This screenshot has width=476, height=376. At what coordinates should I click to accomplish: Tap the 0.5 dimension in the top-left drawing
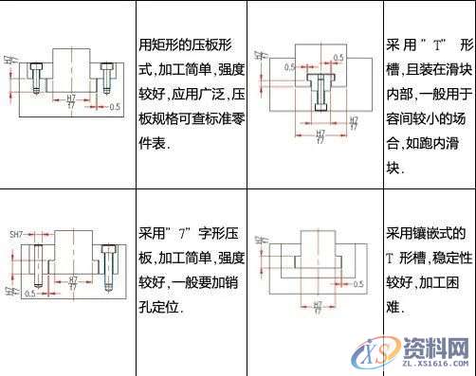(x=115, y=107)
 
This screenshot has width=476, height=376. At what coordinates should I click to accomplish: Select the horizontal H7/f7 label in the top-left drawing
(x=71, y=101)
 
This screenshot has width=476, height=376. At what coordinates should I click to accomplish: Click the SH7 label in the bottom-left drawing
(x=15, y=234)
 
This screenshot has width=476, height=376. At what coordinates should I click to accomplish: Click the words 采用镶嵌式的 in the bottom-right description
(x=425, y=232)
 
